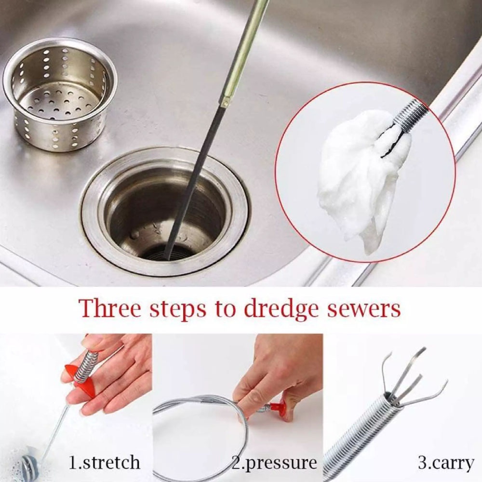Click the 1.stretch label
click(105, 463)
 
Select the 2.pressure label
click(274, 463)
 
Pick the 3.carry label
click(446, 463)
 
